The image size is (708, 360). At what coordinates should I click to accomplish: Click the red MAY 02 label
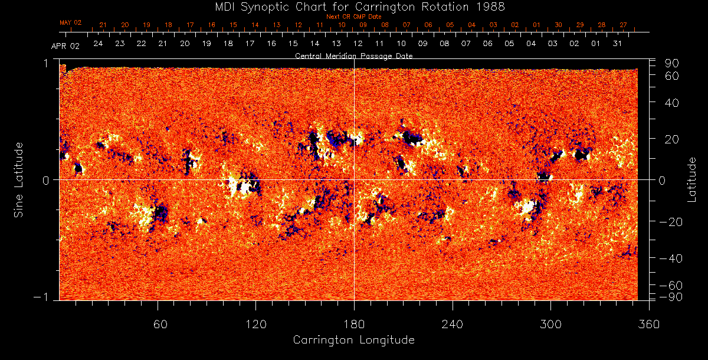(x=71, y=22)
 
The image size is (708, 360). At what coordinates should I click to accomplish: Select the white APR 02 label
(x=65, y=45)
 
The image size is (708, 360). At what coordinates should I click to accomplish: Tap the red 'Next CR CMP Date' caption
(x=354, y=17)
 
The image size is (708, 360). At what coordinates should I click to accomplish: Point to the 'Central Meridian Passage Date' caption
(x=353, y=56)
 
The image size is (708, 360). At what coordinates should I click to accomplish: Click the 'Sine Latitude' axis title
(x=19, y=179)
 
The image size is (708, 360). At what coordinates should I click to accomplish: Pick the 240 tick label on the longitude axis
(x=453, y=324)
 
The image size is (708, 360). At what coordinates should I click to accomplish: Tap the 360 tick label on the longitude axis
(x=649, y=324)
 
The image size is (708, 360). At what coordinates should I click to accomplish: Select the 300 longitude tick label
(x=550, y=324)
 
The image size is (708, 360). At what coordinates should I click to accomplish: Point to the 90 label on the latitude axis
(x=673, y=63)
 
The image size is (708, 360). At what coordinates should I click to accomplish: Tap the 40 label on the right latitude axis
(x=673, y=103)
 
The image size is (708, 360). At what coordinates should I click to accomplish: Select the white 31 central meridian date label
(x=617, y=44)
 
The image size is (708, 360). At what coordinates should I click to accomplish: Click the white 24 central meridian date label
(x=98, y=44)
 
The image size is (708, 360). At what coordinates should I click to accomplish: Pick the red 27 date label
(x=623, y=25)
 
